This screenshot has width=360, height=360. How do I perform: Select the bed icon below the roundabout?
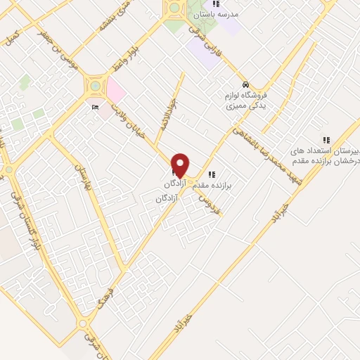tap(96, 108)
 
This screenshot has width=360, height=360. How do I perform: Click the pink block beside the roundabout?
tap(115, 92)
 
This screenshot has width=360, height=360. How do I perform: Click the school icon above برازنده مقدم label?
tap(212, 174)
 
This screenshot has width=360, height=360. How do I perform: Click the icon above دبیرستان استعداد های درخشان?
tap(326, 140)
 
